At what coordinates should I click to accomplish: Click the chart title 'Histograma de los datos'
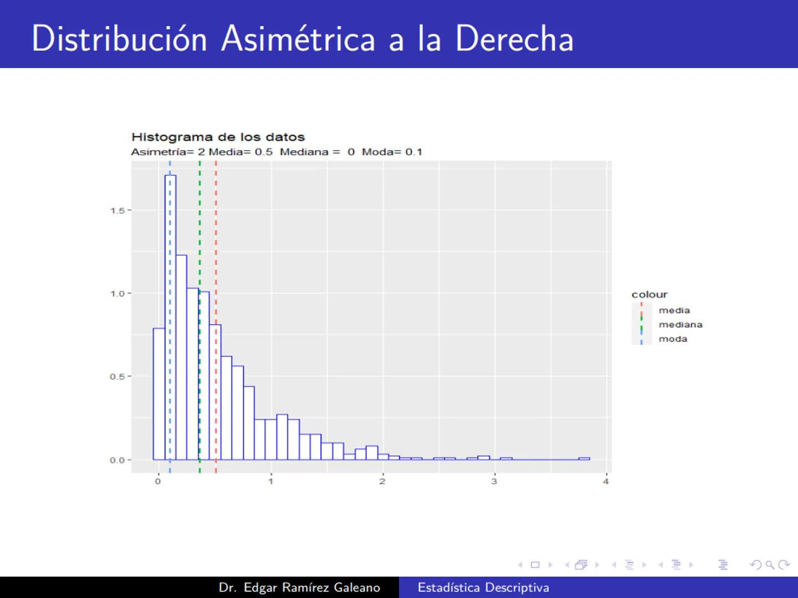click(218, 137)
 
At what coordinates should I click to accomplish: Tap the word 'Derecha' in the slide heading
click(514, 39)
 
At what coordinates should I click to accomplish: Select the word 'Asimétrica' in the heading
click(298, 39)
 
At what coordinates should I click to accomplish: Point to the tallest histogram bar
click(171, 316)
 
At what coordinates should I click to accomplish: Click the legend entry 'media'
click(674, 311)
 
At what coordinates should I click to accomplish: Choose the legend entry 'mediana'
click(680, 325)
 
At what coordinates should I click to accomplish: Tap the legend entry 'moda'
click(673, 339)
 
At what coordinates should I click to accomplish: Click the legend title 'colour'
click(649, 295)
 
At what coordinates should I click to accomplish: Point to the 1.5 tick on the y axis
click(117, 210)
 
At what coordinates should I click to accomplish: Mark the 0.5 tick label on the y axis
click(117, 377)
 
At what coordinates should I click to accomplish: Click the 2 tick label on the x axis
click(382, 481)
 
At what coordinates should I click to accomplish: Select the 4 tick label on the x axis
click(606, 481)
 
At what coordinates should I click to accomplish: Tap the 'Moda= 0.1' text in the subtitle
click(392, 152)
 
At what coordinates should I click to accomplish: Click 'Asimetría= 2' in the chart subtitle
click(168, 152)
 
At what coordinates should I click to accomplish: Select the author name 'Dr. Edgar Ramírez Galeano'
click(299, 587)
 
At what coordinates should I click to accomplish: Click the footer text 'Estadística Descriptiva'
click(483, 587)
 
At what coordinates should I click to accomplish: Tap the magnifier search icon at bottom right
click(769, 565)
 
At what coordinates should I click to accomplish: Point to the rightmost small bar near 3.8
click(584, 458)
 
